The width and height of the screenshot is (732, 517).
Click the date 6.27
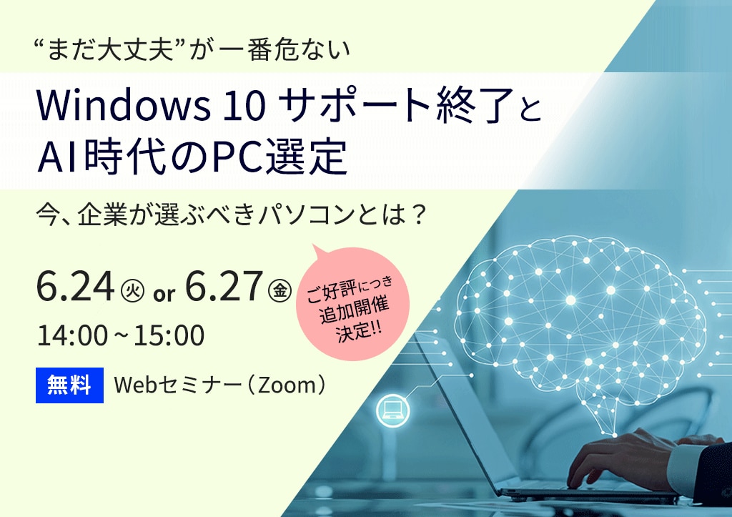coord(224,286)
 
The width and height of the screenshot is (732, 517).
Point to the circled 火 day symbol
coord(132,290)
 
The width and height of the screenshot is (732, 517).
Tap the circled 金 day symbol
coord(280,290)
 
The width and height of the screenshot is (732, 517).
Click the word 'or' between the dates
coord(164,294)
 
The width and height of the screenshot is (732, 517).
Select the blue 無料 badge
coord(69,385)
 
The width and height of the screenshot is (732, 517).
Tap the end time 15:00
coord(169,335)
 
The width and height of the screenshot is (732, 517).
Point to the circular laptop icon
coord(392,411)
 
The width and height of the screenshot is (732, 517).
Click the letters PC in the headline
coord(237,157)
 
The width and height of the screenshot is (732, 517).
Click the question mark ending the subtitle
coord(418,215)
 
